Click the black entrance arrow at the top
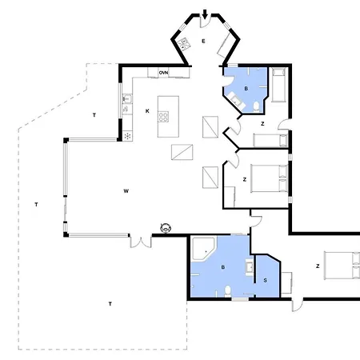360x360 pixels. coord(205,14)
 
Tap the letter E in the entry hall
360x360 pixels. coord(203,41)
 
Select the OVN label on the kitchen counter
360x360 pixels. coord(163,73)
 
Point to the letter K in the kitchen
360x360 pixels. coord(147,111)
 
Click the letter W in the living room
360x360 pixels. coord(126,191)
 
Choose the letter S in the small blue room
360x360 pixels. coord(265,280)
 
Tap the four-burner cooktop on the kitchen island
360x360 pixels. coord(163,117)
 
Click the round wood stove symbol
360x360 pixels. coord(166,228)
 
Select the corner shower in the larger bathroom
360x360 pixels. coord(203,249)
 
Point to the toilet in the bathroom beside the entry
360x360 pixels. coord(256,106)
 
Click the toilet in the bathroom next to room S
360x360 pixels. coord(227,290)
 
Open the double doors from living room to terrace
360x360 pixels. coord(141,242)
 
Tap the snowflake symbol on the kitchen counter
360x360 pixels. coord(127,136)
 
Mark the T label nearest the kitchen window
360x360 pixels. coord(94,115)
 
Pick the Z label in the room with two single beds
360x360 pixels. coord(262,124)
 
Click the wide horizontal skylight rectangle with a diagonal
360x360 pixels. coord(182,152)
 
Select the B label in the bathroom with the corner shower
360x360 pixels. coord(223,267)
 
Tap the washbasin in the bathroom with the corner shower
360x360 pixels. coord(250,267)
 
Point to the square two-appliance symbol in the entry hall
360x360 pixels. coord(184,44)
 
